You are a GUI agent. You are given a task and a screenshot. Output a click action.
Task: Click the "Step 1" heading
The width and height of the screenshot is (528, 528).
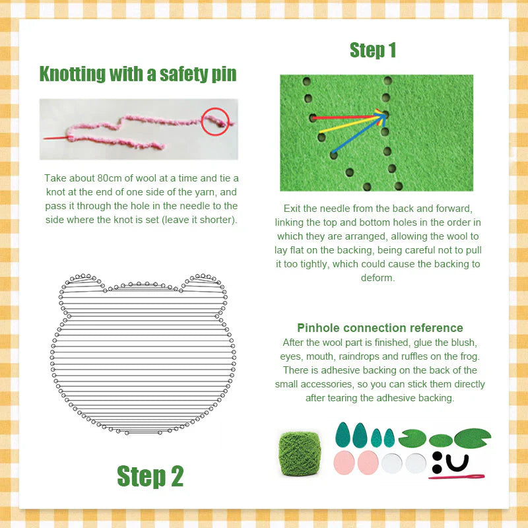click(x=373, y=50)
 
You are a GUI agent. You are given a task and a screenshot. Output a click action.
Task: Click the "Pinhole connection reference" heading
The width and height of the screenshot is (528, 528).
click(x=380, y=328)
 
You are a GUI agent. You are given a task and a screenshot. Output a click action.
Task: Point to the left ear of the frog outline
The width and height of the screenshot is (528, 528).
click(x=81, y=281)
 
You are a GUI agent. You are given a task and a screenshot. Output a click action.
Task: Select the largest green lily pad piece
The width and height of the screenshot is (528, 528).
click(x=472, y=436)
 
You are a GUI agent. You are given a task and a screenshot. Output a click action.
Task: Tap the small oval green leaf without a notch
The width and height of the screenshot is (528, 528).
click(x=440, y=440)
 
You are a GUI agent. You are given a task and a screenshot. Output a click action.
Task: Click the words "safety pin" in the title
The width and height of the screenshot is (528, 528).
click(x=197, y=73)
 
